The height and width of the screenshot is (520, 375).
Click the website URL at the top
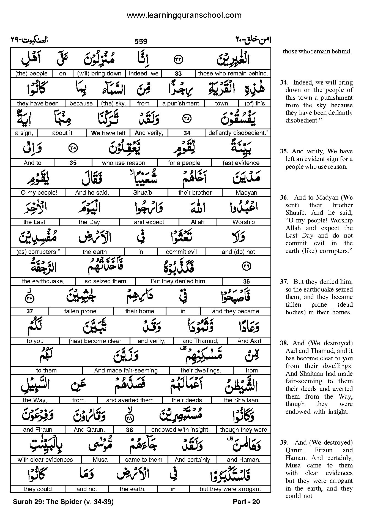(x=184, y=15)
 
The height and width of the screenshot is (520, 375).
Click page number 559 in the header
(x=141, y=42)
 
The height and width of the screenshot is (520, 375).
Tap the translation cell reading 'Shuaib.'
(x=143, y=193)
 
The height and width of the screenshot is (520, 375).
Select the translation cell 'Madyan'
(x=247, y=193)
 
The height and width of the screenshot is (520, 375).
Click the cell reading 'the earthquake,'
(x=43, y=281)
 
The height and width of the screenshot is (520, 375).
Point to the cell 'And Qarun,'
(x=89, y=430)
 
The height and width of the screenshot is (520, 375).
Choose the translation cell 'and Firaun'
(x=38, y=430)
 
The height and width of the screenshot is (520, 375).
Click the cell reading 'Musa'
(x=100, y=459)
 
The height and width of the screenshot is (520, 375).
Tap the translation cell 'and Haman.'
(x=243, y=459)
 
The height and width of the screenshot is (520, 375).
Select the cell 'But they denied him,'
(x=179, y=281)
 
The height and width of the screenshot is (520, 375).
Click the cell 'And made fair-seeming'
(x=126, y=371)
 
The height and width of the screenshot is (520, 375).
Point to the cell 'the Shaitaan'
(x=241, y=400)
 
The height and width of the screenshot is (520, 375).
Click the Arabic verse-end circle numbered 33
(x=179, y=59)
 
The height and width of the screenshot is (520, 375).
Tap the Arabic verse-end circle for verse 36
(x=246, y=266)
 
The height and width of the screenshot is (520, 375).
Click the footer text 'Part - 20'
(x=246, y=502)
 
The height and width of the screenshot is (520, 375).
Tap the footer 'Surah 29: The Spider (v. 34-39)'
(x=63, y=502)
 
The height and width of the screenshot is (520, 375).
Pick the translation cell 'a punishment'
(x=180, y=104)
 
